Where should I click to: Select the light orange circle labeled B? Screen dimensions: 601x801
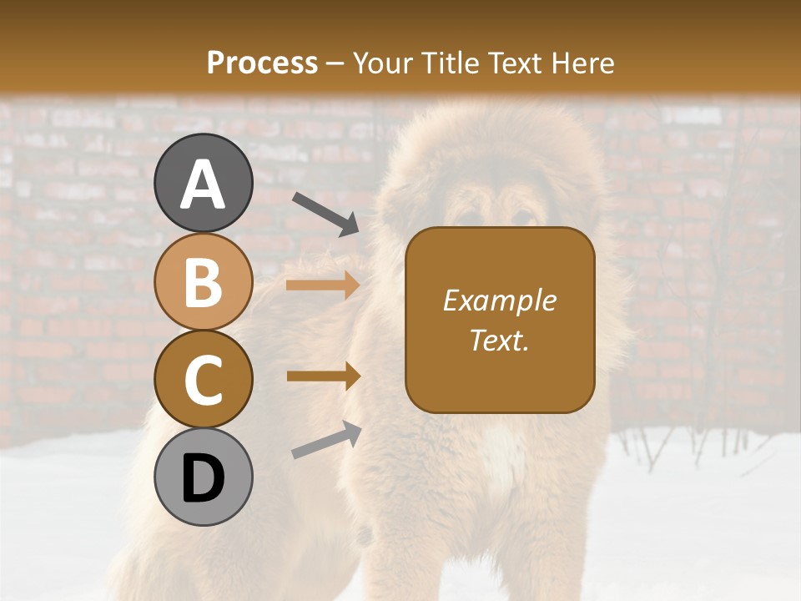click(x=204, y=281)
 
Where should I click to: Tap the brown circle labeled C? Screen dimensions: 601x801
click(x=204, y=379)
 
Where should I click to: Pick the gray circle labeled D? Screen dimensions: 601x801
click(x=204, y=477)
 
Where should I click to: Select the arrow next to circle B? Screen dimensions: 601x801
click(x=323, y=285)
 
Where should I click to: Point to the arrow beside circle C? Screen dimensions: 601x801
click(x=323, y=376)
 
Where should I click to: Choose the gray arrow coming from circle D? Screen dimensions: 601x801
click(x=326, y=440)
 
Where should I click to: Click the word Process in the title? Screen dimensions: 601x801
click(x=262, y=63)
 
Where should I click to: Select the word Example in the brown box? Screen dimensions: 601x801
click(x=499, y=300)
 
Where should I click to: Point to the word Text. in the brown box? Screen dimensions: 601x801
click(x=499, y=340)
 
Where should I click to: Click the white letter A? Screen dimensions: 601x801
click(x=204, y=184)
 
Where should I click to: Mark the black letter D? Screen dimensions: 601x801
click(x=204, y=478)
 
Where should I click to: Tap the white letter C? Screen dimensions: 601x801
click(x=204, y=381)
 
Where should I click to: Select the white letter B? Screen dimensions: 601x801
click(x=204, y=282)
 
